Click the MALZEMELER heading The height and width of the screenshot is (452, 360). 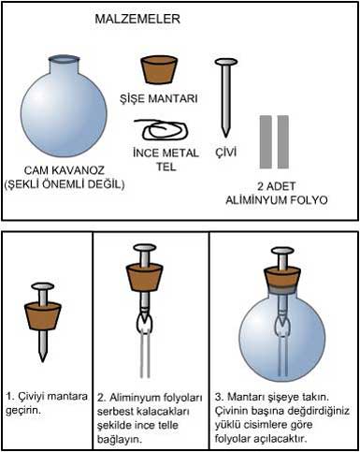point(137,19)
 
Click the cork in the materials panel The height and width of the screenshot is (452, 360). point(159,70)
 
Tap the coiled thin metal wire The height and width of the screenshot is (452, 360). point(161,129)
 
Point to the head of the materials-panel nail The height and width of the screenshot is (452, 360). point(226,63)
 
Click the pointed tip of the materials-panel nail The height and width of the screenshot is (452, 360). point(225,136)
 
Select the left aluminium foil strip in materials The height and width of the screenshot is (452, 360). point(266,142)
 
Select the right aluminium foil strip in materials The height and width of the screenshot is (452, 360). point(283,142)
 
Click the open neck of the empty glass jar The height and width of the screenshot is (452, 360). point(64,59)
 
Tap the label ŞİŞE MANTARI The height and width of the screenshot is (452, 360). point(159,98)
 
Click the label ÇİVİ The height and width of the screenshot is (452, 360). point(226,152)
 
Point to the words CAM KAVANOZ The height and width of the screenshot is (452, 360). point(65,170)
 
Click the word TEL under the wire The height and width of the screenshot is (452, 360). point(166,167)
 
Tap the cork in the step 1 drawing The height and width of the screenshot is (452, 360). point(43,315)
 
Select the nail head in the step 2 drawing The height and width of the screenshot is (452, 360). point(144,248)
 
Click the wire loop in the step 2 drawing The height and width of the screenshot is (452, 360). point(144,324)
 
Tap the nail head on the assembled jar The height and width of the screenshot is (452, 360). point(282,250)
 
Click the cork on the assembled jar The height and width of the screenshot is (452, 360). point(282,278)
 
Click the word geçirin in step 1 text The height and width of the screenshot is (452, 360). point(23,411)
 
